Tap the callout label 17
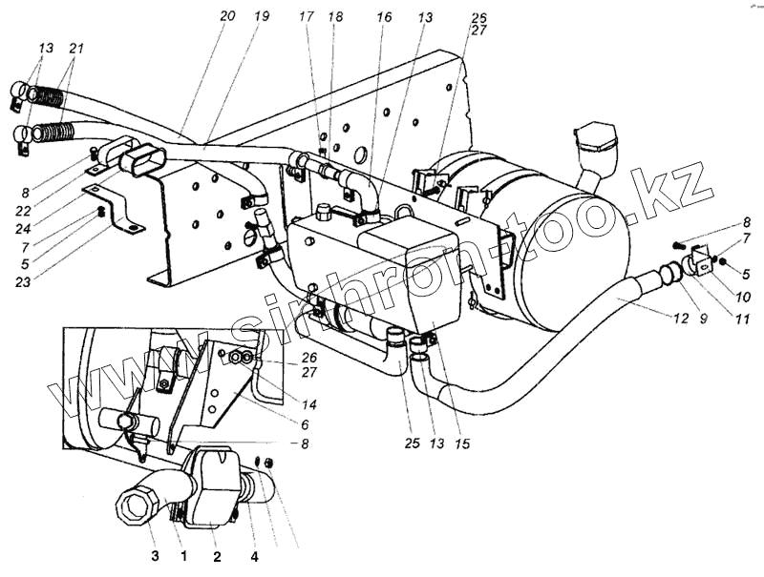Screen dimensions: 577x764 306,16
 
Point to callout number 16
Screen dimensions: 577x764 383,16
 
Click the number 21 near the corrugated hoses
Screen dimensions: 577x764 76,49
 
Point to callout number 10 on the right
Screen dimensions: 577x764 743,298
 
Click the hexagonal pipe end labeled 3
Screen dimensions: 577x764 134,502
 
